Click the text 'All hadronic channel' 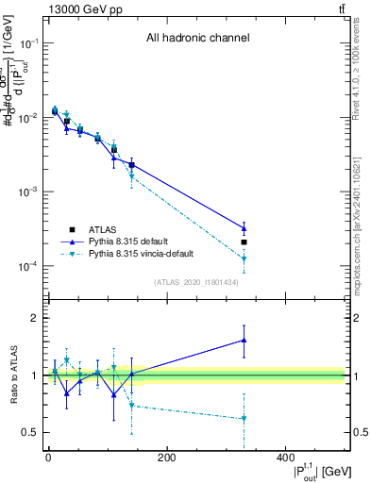coord(197,39)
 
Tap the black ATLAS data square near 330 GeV coord(245,242)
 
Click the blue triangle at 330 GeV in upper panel coord(245,228)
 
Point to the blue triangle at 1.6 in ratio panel coord(245,341)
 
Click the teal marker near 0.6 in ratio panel coord(245,418)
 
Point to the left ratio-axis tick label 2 coord(34,318)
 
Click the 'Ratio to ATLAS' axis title coord(12,375)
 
